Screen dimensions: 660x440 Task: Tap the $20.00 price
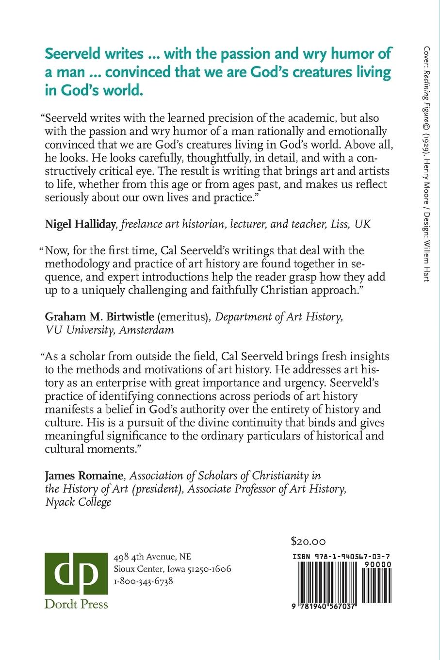tap(308, 541)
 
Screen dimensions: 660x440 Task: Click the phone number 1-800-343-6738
tap(143, 581)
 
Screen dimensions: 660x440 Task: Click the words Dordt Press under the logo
tap(76, 604)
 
